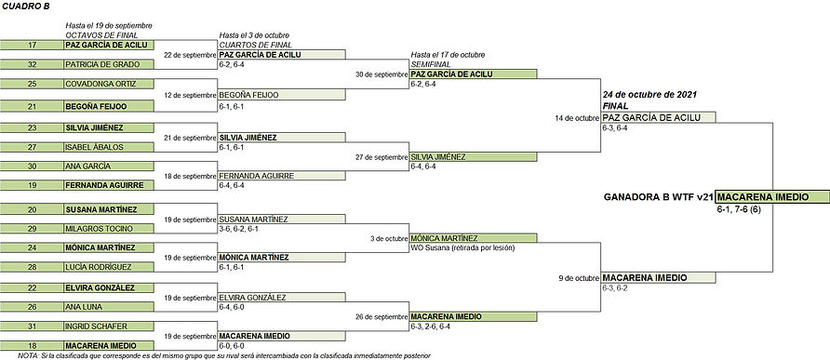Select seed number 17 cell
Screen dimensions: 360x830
(32, 45)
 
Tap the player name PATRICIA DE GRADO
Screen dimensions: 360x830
(93, 65)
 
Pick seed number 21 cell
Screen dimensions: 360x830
(32, 106)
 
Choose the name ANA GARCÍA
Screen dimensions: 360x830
(84, 167)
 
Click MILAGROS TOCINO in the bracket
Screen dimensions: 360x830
(94, 228)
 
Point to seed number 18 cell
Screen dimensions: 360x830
(32, 346)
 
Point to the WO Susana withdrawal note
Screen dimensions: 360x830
(462, 247)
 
